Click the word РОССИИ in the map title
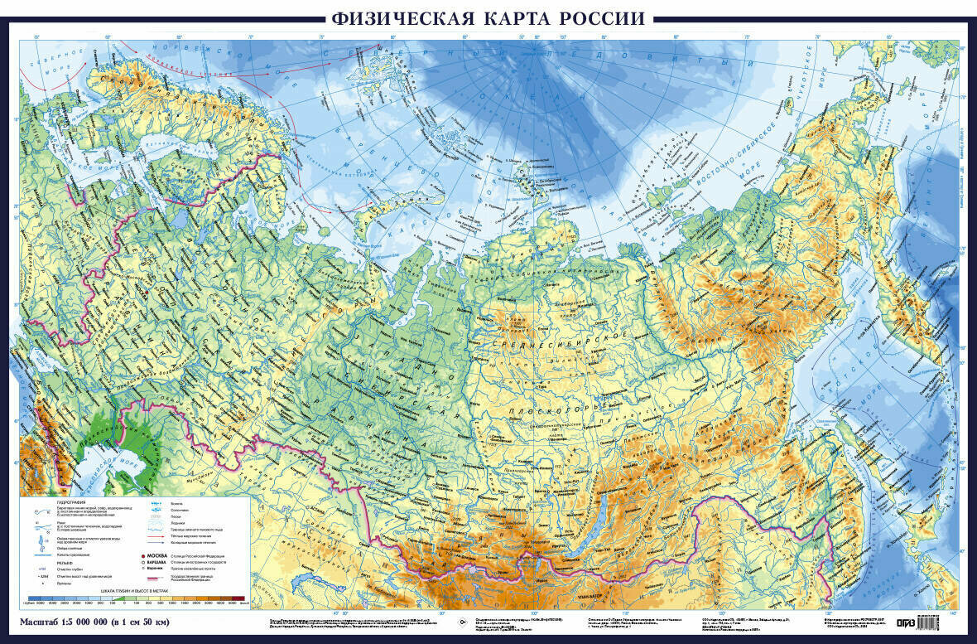[600, 18]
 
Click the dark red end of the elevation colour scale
[240, 598]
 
